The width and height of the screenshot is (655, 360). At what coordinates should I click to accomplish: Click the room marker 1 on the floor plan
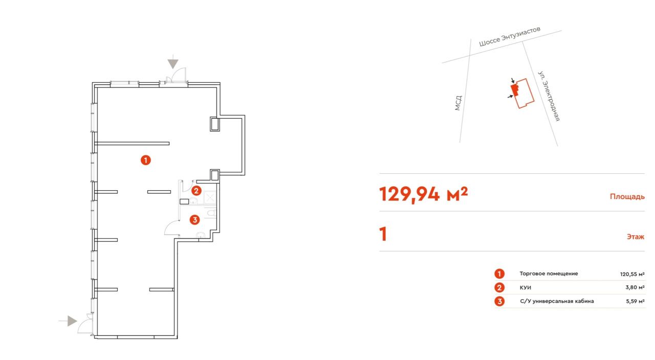(x=146, y=160)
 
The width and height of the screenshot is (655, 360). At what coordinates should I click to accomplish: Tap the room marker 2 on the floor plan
(x=196, y=191)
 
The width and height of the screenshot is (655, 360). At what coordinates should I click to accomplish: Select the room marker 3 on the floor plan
(x=195, y=220)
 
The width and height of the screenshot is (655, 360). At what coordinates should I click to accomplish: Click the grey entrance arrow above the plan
(x=173, y=62)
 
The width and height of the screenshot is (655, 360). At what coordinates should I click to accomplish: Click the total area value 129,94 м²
(x=423, y=194)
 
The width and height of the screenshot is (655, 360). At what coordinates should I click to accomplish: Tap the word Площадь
(x=627, y=196)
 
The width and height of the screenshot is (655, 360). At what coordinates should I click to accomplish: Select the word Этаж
(x=636, y=236)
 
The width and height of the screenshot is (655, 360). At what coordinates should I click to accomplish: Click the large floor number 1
(x=383, y=234)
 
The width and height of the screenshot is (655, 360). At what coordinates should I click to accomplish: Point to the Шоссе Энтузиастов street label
(x=510, y=36)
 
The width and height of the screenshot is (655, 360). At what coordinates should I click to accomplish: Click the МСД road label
(x=458, y=103)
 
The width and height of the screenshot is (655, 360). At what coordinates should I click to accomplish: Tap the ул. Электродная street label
(x=549, y=96)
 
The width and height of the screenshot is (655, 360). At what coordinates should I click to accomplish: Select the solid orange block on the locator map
(x=515, y=89)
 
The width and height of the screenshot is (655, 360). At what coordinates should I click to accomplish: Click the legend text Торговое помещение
(x=549, y=274)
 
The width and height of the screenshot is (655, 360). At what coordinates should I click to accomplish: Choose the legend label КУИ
(x=525, y=287)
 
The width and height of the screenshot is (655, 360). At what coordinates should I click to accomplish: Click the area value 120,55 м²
(x=632, y=274)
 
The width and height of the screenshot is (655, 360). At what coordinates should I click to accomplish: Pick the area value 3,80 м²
(x=635, y=287)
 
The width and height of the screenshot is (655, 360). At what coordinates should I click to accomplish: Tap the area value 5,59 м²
(x=635, y=301)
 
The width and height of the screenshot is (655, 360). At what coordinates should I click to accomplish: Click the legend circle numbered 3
(x=499, y=301)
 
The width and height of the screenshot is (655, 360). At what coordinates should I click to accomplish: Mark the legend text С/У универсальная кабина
(x=557, y=301)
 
